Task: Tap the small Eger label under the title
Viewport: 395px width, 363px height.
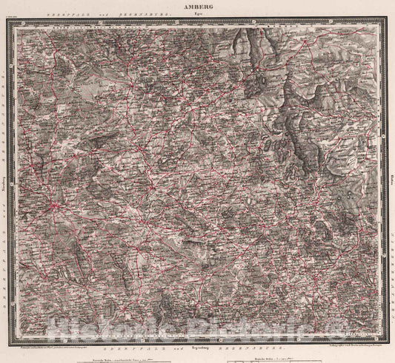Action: [197, 13]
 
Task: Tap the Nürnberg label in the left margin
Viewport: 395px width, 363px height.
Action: [5, 181]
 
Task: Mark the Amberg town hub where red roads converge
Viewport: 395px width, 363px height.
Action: [55, 208]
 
